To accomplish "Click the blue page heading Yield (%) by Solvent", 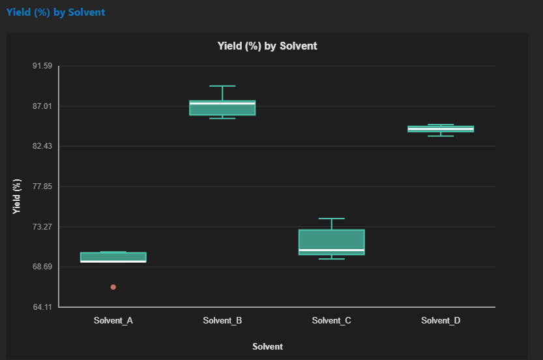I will [x=55, y=12].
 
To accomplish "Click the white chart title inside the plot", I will [x=267, y=46].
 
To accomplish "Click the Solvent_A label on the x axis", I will [x=113, y=321].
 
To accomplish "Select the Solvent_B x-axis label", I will [x=222, y=321].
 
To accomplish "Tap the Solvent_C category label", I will [x=332, y=321].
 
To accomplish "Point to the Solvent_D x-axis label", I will [x=441, y=321].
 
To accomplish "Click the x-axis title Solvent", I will [x=267, y=347].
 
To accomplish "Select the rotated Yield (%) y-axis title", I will [x=17, y=196].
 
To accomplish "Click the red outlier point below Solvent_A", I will [x=113, y=287].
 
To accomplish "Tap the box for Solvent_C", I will [x=332, y=239].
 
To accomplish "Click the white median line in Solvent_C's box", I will [x=332, y=250].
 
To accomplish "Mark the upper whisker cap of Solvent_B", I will [x=222, y=86].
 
